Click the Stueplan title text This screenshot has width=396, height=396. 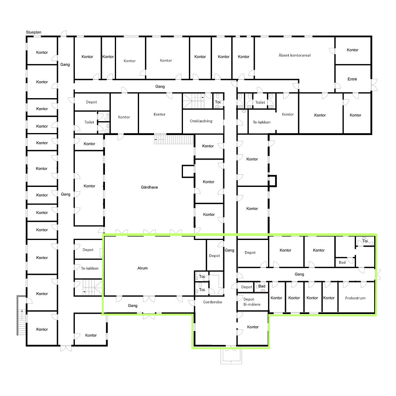34,32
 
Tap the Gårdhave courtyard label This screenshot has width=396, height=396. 149,187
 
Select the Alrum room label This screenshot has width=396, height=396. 143,268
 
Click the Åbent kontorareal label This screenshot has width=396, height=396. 295,55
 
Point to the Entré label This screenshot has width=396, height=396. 352,79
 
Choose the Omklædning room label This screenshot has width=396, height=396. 201,121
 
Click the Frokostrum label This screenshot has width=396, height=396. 355,298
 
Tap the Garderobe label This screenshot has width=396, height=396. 212,302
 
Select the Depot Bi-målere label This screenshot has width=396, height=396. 252,302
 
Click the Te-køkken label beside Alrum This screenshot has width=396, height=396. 89,268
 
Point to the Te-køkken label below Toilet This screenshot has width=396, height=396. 262,122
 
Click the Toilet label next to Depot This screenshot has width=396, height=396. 89,122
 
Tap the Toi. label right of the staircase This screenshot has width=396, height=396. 218,102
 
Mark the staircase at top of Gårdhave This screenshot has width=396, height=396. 174,139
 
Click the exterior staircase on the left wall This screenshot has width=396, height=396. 21,316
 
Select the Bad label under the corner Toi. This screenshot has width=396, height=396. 342,263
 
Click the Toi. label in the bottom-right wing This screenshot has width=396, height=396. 365,241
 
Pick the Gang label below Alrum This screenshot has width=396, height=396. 133,306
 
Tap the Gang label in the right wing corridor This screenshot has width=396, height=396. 299,274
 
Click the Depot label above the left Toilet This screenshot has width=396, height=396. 91,102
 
